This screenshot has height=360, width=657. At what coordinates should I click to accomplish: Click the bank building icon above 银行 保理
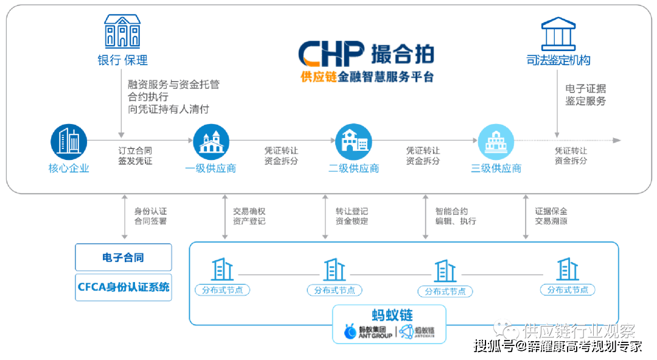[122, 32]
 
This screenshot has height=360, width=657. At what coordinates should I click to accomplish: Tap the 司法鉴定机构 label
[558, 60]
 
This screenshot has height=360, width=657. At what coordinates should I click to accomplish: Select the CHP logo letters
[331, 54]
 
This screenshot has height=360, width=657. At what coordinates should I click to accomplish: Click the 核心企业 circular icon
[69, 142]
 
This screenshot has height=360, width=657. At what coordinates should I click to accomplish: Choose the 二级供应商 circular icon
[353, 142]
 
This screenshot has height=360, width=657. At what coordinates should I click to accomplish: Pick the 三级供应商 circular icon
[496, 142]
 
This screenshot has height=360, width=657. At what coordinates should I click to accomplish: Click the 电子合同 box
[123, 257]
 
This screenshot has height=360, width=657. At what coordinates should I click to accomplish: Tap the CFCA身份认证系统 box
[123, 287]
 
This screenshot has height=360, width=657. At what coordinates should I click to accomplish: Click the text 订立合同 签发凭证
[135, 156]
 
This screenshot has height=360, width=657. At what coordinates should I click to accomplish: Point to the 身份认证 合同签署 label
[150, 216]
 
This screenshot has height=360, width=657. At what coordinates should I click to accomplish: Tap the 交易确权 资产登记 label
[249, 216]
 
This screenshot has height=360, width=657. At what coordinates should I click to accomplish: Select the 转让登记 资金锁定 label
[352, 216]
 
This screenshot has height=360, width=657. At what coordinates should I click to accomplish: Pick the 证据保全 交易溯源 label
[551, 216]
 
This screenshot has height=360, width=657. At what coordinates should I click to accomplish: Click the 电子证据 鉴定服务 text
[585, 95]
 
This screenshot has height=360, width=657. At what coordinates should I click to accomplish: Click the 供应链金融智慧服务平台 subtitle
[367, 77]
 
